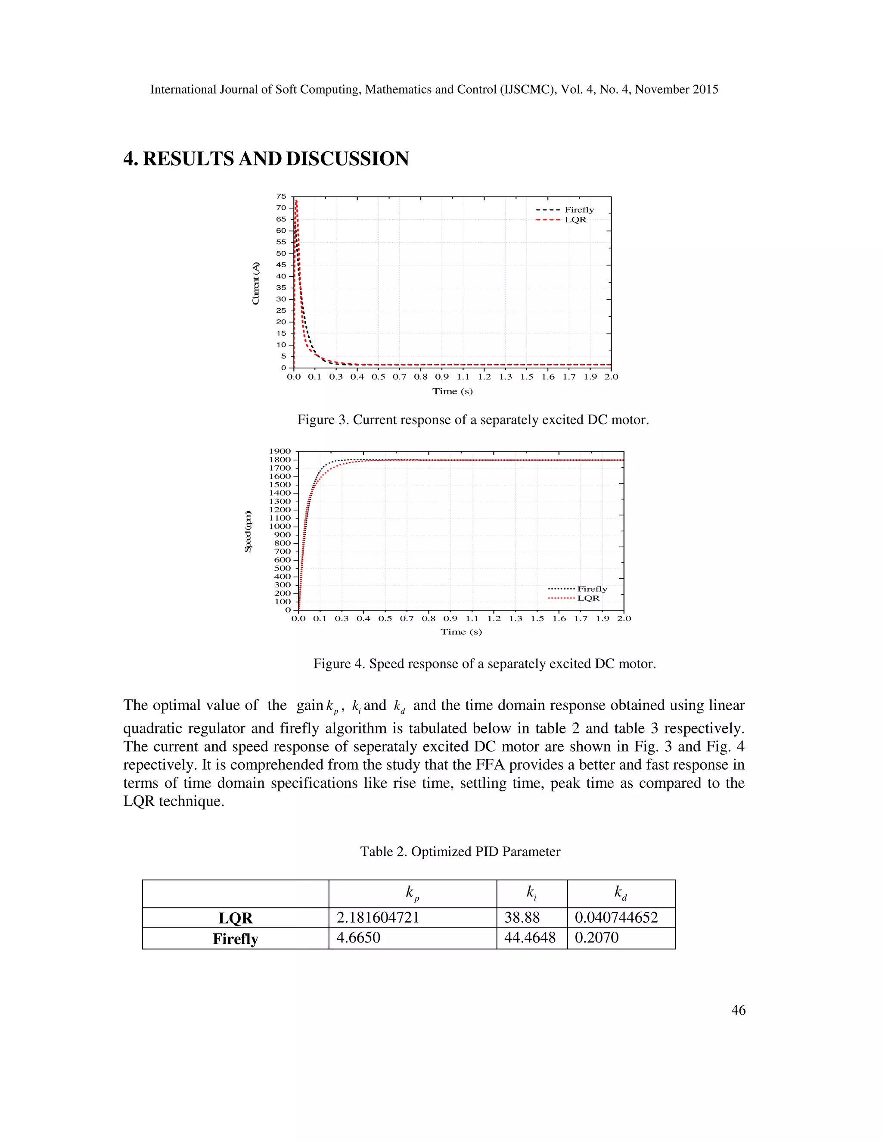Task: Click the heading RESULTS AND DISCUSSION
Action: [x=266, y=159]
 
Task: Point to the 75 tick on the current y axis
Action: [x=281, y=197]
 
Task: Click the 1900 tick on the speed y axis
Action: [x=280, y=451]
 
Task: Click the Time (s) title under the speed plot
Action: [x=461, y=632]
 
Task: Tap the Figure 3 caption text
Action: [x=473, y=419]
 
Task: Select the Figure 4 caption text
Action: [x=484, y=664]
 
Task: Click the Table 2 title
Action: [x=460, y=851]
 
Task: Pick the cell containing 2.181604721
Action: [x=378, y=917]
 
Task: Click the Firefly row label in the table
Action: [x=235, y=939]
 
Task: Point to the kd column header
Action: [x=620, y=892]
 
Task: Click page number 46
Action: [x=738, y=1010]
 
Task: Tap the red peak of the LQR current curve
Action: [x=296, y=201]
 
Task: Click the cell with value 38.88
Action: [x=522, y=917]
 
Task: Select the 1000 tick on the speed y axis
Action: [x=280, y=527]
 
